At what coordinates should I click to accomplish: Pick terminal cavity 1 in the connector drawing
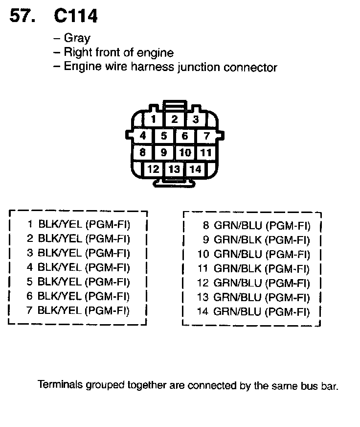154,119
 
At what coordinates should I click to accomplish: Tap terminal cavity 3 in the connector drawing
195,119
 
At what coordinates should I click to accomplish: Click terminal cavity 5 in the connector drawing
164,136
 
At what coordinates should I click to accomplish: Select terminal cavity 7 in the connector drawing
206,136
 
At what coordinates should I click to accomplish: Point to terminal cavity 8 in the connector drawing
142,152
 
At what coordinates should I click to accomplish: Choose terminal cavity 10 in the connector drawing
185,152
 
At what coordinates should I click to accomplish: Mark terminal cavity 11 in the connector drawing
206,152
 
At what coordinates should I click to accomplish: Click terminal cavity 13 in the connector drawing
174,169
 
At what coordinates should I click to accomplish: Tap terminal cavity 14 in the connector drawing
195,169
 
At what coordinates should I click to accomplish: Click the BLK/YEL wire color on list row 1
60,225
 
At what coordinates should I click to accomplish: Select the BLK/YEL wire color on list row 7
60,310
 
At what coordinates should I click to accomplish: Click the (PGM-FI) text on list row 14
289,311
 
